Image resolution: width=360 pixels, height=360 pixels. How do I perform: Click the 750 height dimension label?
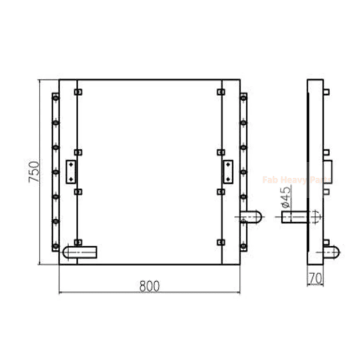pyautogui.click(x=33, y=172)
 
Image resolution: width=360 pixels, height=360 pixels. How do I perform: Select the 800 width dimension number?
pyautogui.click(x=150, y=286)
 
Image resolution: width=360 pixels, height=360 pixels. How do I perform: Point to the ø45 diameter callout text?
pyautogui.click(x=285, y=197)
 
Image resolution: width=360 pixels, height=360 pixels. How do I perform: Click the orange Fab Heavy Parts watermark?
pyautogui.click(x=296, y=180)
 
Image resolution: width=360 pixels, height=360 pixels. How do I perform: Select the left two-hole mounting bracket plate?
pyautogui.click(x=71, y=172)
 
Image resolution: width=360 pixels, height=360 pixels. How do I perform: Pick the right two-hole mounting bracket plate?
pyautogui.click(x=228, y=172)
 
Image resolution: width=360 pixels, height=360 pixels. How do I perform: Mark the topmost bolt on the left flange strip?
pyautogui.click(x=55, y=98)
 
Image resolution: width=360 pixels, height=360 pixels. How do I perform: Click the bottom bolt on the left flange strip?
pyautogui.click(x=55, y=246)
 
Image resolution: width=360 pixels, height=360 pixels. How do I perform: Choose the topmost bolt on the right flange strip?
pyautogui.click(x=244, y=98)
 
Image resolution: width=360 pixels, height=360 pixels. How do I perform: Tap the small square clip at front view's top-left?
pyautogui.click(x=78, y=92)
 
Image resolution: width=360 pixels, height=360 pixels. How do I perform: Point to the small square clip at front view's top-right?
pyautogui.click(x=220, y=92)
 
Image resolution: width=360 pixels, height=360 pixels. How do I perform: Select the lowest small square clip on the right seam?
pyautogui.click(x=220, y=242)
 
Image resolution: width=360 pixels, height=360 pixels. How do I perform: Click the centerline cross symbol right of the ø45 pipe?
pyautogui.click(x=315, y=215)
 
